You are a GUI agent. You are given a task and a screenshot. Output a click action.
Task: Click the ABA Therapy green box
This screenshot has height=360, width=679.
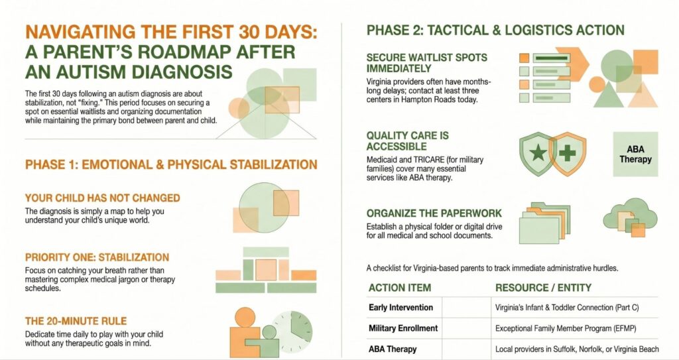click(x=635, y=154)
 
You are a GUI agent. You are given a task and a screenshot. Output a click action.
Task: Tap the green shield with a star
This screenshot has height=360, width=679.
click(x=537, y=154)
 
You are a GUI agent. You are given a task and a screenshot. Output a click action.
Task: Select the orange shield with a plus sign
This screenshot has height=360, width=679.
click(x=568, y=154)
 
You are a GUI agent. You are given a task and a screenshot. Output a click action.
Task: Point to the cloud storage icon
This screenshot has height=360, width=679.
click(x=630, y=218)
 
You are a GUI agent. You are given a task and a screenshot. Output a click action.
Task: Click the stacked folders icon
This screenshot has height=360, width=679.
click(x=544, y=223)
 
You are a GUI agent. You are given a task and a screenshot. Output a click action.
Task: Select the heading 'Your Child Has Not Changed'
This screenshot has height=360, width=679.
click(x=103, y=198)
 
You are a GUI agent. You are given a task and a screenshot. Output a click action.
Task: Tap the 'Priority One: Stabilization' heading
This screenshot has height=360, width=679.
click(x=97, y=257)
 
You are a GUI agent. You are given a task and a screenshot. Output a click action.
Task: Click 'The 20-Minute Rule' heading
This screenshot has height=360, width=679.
click(x=76, y=321)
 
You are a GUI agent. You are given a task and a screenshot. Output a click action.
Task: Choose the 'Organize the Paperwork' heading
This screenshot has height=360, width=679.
click(x=434, y=213)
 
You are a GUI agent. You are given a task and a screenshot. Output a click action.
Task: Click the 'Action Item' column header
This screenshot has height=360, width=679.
click(x=400, y=288)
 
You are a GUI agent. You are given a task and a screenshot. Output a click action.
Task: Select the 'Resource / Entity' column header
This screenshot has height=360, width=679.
click(x=543, y=288)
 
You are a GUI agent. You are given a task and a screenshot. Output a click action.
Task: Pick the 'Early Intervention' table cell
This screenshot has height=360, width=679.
click(x=401, y=308)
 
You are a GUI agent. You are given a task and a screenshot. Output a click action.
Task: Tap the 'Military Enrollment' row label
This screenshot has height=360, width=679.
click(x=403, y=328)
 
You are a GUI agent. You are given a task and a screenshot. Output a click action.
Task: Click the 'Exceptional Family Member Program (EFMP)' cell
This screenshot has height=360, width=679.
click(x=566, y=328)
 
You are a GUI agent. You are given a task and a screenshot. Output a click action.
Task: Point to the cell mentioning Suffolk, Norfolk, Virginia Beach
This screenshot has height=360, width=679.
click(x=577, y=349)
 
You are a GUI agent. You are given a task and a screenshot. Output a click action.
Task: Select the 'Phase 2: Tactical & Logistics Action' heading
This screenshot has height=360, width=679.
click(x=495, y=30)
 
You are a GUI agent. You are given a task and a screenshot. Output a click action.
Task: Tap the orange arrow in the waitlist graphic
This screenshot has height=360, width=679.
click(x=572, y=64)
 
